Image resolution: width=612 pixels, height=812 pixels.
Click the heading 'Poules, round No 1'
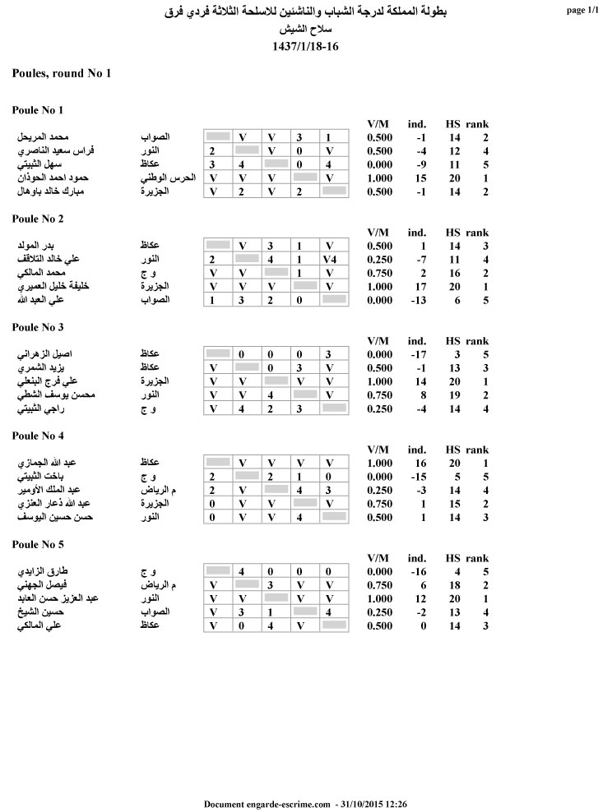pos(62,74)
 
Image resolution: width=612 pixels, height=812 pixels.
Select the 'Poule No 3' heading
pos(38,327)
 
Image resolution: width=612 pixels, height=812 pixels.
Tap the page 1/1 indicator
pos(583,11)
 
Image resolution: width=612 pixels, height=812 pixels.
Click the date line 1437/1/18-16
pos(305,46)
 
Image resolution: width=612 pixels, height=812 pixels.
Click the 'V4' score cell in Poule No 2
pos(330,259)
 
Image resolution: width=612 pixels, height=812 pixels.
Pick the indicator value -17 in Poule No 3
pos(418,354)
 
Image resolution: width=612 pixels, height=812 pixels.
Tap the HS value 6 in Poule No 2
pos(455,300)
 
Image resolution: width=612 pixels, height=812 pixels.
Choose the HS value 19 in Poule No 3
pos(453,395)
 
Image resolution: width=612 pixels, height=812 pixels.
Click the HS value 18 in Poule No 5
pos(453,584)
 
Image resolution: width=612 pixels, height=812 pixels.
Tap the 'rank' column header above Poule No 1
pos(477,124)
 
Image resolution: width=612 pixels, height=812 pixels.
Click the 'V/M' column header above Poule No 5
pos(379,558)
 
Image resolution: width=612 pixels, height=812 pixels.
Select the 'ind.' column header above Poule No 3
pos(417,341)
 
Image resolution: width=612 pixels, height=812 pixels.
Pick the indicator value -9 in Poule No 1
pos(420,164)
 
